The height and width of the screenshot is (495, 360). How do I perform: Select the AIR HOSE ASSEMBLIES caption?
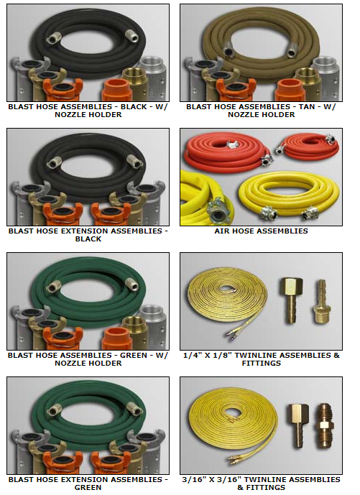[261, 231]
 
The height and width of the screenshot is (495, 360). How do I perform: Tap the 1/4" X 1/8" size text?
[208, 356]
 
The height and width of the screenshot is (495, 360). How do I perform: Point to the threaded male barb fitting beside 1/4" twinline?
[320, 302]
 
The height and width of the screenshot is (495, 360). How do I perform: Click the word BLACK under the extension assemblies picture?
[88, 239]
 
